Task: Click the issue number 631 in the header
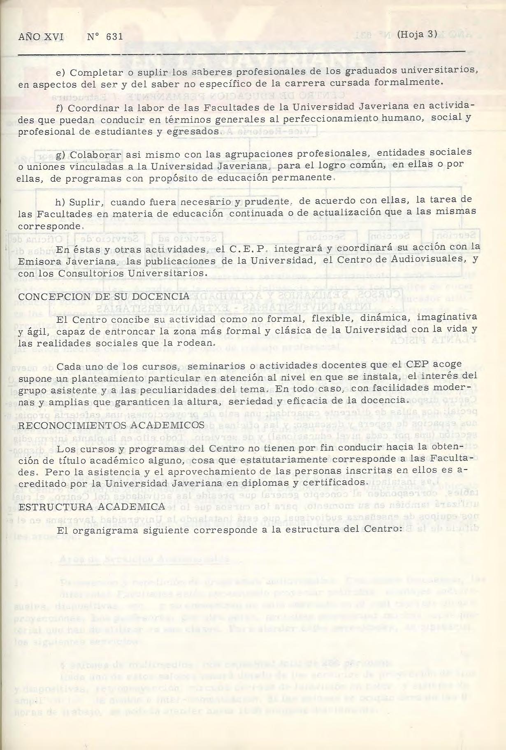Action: tap(114, 37)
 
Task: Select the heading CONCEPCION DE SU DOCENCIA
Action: tap(104, 296)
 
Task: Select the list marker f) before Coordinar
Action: tap(60, 108)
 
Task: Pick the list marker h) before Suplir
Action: tap(61, 203)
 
